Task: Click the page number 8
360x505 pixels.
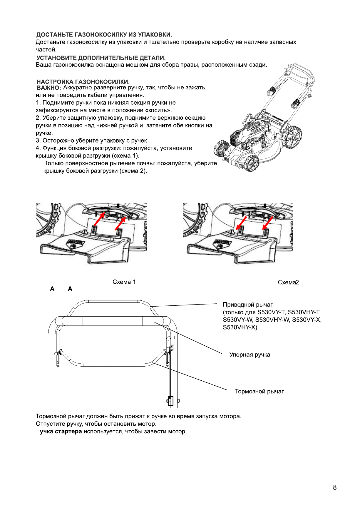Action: point(334,487)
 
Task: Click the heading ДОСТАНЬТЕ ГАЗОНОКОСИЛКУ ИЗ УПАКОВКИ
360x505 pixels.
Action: point(104,35)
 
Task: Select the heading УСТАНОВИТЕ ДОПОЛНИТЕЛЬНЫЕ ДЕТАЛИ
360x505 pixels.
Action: point(101,58)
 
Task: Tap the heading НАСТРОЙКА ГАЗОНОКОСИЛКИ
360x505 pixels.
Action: point(83,82)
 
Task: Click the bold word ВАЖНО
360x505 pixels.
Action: point(48,88)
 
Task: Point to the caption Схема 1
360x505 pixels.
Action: point(124,282)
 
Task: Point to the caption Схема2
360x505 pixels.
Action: point(288,282)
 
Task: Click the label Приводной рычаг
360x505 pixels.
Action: point(247,305)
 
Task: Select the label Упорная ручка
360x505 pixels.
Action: point(250,355)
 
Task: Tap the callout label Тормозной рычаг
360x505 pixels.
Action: point(259,392)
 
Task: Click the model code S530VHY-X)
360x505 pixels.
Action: point(240,327)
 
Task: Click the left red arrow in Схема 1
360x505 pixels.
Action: point(99,219)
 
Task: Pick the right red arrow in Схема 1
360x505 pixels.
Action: point(120,224)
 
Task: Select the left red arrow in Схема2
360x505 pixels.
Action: point(241,223)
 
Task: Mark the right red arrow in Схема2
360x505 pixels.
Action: point(267,223)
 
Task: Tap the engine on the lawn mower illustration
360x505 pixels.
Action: point(252,132)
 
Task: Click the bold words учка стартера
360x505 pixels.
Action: point(61,432)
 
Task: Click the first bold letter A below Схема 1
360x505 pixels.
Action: point(52,289)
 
